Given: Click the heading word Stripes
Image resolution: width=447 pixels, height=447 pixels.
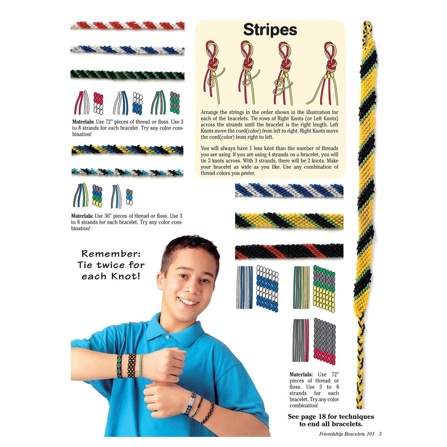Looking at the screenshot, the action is point(270,30).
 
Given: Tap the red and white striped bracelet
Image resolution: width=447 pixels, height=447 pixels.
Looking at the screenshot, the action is point(127,25).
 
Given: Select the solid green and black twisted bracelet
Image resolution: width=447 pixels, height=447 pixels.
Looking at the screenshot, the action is point(127,75).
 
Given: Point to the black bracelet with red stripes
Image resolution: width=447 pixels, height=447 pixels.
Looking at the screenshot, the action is point(289,251).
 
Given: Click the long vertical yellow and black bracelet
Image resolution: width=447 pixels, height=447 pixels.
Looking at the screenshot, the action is point(365,214).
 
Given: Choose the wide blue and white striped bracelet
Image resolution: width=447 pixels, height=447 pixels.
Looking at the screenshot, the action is point(289,190).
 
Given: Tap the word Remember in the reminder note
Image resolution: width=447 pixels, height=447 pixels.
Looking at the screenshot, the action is point(111,254).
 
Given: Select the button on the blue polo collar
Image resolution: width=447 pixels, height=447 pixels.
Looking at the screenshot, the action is point(167,337).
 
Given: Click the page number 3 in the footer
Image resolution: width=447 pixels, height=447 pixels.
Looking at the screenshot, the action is point(380,434).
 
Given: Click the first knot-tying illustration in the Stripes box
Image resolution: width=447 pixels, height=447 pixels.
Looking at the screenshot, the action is point(214,72).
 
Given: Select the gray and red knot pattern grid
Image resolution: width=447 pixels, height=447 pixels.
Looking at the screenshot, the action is point(325,341).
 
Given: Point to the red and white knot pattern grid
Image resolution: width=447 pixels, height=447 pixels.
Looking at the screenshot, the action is point(98,103).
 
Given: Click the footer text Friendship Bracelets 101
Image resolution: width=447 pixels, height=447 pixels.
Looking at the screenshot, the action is point(346,434).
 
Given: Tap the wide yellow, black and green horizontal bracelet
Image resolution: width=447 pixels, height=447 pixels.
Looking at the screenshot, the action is point(289,221).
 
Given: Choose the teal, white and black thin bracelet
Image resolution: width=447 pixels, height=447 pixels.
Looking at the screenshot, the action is point(127,172).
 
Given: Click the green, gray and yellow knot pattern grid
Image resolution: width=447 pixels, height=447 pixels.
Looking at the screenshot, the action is point(324,288).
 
